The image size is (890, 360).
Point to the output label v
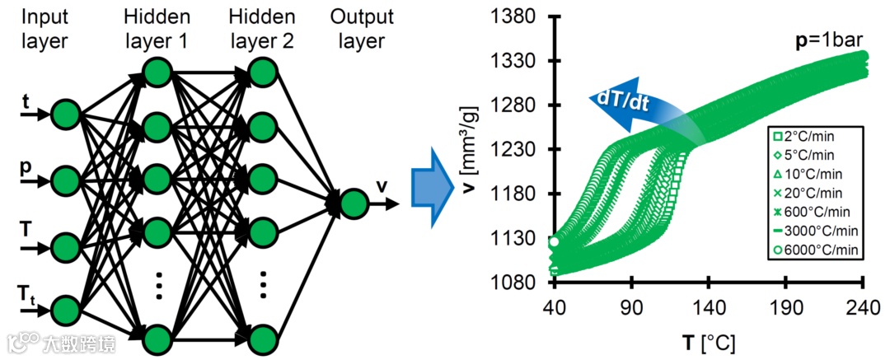point(382,186)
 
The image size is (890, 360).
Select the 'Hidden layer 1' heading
point(158,29)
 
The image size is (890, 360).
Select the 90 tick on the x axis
point(631,306)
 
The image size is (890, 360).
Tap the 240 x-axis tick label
point(863,306)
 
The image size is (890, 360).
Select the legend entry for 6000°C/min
point(813,250)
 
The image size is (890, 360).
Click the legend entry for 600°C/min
point(813,212)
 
